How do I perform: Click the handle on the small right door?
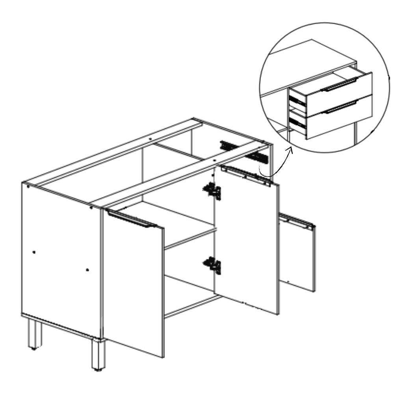pos(297,222)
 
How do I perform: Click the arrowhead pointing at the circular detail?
pos(291,149)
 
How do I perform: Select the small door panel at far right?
pos(297,256)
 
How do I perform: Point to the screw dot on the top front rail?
pos(214,161)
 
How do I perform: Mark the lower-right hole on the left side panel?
pos(87,270)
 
